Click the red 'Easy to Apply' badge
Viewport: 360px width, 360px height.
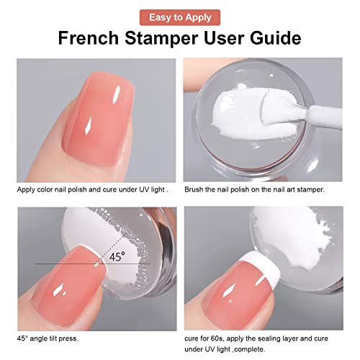click(180, 16)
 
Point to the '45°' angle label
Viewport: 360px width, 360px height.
click(118, 256)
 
